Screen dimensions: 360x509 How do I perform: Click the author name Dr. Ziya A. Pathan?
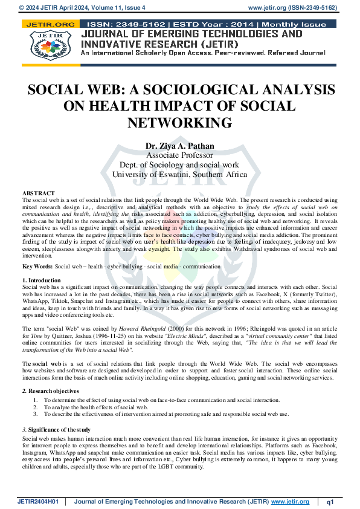click(x=179, y=146)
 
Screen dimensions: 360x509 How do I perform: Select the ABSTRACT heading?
click(x=38, y=193)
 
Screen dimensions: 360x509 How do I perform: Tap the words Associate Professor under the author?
click(x=179, y=155)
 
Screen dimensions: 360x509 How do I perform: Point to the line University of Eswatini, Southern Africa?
click(x=179, y=175)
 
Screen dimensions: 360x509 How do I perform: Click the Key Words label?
click(x=37, y=267)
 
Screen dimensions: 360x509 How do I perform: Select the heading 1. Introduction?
click(x=42, y=280)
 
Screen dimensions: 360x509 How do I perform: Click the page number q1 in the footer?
click(x=330, y=502)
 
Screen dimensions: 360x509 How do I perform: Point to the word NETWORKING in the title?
click(x=179, y=123)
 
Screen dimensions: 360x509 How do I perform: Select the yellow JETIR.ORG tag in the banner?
click(x=48, y=24)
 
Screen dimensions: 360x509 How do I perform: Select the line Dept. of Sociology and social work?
click(x=179, y=165)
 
